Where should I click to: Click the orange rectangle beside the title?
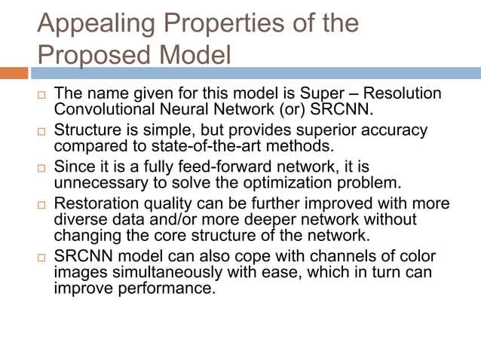point(14,74)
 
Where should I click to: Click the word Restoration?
point(100,203)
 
